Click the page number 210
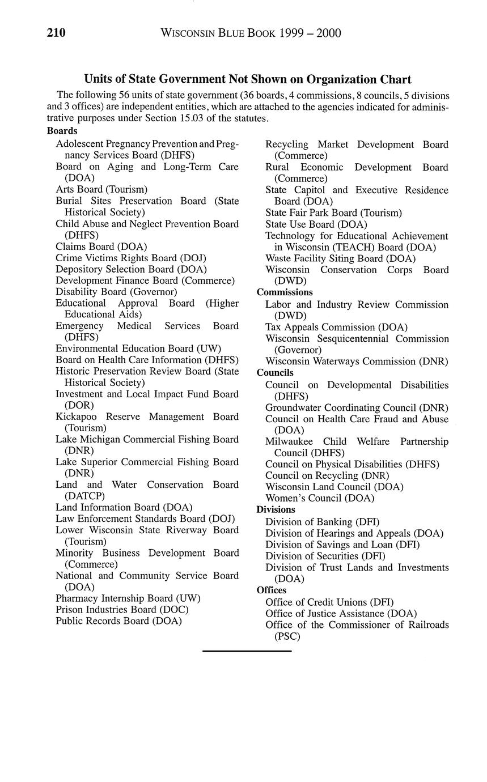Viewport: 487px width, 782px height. [56, 33]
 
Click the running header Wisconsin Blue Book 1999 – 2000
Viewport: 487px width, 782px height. [251, 33]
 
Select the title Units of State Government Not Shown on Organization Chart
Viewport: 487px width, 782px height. [248, 79]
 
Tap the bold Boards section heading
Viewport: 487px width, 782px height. [62, 131]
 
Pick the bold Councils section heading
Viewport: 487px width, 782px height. [275, 373]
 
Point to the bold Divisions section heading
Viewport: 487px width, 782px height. [276, 509]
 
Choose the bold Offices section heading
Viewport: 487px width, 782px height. [272, 590]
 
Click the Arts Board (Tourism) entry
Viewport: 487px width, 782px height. [101, 189]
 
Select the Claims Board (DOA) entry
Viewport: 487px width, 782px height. [101, 246]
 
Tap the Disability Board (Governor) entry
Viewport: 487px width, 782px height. [116, 292]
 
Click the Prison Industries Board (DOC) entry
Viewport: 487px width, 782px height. [122, 610]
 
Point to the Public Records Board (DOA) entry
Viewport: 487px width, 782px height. [118, 621]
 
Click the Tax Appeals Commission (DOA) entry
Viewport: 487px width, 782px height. [336, 327]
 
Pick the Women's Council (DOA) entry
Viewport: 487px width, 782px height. [320, 498]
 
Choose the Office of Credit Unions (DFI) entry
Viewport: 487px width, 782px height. [329, 602]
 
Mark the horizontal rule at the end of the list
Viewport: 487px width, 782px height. [247, 652]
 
